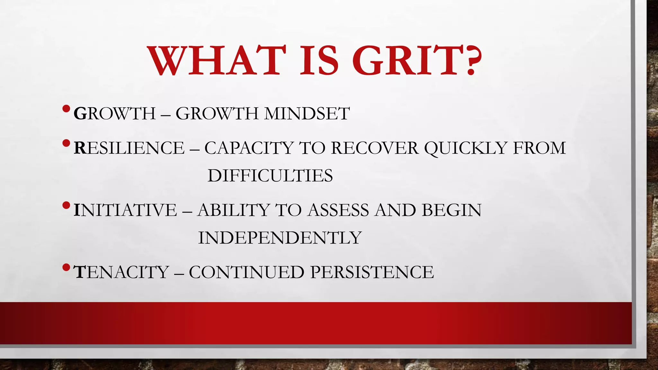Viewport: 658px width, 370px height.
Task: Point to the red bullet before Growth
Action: pyautogui.click(x=66, y=109)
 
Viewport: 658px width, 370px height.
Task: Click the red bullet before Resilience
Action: pyautogui.click(x=66, y=143)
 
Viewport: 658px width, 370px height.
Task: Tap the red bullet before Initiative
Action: pyautogui.click(x=66, y=205)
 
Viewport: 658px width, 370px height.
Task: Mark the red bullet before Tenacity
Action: pyautogui.click(x=66, y=267)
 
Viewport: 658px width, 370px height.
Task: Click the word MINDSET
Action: pyautogui.click(x=307, y=114)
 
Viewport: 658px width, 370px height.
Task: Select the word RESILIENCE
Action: pyautogui.click(x=129, y=148)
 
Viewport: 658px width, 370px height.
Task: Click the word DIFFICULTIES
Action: pyautogui.click(x=270, y=176)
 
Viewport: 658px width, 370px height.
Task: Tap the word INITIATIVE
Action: pyautogui.click(x=125, y=210)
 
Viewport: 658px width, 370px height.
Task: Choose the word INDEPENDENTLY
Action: pyautogui.click(x=280, y=238)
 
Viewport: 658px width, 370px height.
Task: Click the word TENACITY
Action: pyautogui.click(x=121, y=272)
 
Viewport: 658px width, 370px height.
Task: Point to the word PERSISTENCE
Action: pyautogui.click(x=372, y=272)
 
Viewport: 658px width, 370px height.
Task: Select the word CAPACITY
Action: pyautogui.click(x=249, y=148)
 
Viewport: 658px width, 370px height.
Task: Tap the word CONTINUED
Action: pyautogui.click(x=246, y=272)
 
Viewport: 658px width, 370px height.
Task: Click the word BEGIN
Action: pyautogui.click(x=451, y=210)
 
